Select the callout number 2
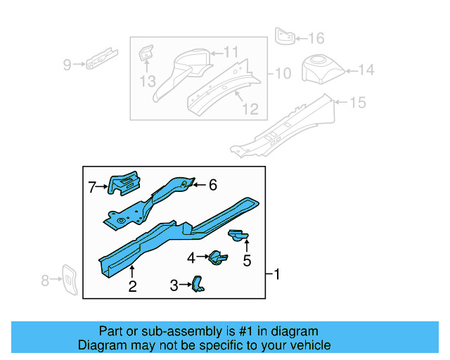point(131,285)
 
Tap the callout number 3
point(174,285)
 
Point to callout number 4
point(191,258)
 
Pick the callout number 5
point(247,261)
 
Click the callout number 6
point(212,185)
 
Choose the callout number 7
point(92,187)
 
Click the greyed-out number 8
point(45,281)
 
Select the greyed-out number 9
point(67,65)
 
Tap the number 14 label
point(367,70)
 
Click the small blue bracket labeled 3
point(199,283)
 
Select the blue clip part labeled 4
point(216,258)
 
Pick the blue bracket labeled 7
point(124,184)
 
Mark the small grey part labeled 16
point(283,36)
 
